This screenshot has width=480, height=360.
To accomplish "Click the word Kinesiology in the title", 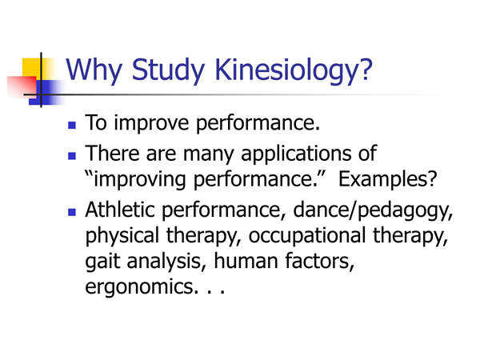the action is (x=294, y=71).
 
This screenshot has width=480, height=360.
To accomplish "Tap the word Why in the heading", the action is (x=94, y=71).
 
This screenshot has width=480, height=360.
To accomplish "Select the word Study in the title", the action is (x=168, y=71).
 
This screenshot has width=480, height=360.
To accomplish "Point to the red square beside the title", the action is (x=22, y=87).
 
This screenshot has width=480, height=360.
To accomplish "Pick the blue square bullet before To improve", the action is (x=72, y=126).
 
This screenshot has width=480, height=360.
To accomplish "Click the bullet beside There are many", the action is (x=72, y=156).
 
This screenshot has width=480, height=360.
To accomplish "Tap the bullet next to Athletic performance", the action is (x=72, y=212).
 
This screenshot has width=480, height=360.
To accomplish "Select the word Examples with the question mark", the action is (x=387, y=180).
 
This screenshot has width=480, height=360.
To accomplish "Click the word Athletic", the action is (x=120, y=210).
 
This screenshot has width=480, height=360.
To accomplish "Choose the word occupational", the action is (x=307, y=237).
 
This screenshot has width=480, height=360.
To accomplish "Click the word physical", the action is (x=122, y=237).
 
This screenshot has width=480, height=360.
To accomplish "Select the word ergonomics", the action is (x=139, y=288).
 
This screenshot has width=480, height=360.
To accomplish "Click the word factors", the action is (x=319, y=261).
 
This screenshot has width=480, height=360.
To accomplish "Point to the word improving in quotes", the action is (x=139, y=180).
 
